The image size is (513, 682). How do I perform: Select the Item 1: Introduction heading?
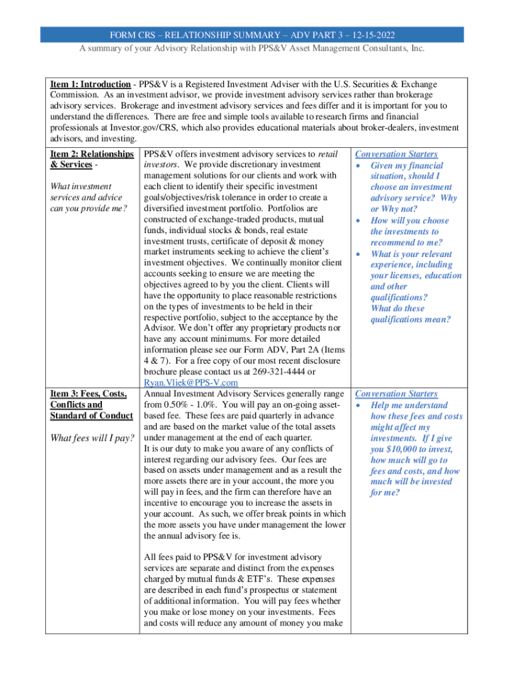click(x=91, y=85)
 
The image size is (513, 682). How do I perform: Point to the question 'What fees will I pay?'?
click(x=93, y=438)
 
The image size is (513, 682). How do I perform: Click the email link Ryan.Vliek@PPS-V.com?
click(x=191, y=382)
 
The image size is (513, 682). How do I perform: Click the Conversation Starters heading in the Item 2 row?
click(x=396, y=155)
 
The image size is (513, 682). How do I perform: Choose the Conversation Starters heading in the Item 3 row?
click(x=396, y=394)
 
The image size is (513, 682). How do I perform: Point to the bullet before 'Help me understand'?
click(x=360, y=406)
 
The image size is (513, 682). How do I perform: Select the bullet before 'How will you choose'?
click(x=360, y=220)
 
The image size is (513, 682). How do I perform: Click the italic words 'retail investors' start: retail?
click(x=328, y=155)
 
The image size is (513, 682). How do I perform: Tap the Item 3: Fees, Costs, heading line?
click(x=89, y=394)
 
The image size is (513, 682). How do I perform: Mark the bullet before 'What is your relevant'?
click(x=360, y=254)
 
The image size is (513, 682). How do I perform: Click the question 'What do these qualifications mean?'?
click(x=410, y=314)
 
